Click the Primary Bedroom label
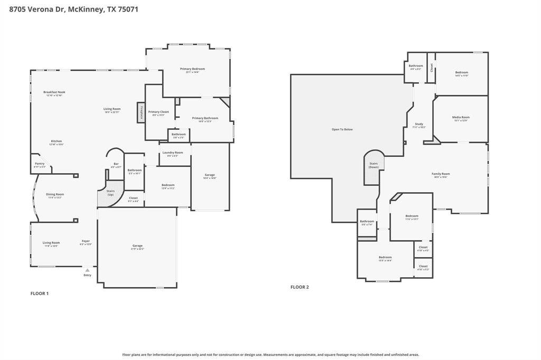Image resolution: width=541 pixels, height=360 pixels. (192, 69)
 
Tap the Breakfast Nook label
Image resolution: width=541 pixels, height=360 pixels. (54, 92)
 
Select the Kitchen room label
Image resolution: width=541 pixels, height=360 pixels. (57, 141)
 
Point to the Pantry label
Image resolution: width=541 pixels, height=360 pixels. (40, 164)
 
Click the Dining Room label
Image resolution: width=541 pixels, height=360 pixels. (55, 195)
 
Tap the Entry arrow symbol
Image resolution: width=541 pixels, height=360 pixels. (87, 270)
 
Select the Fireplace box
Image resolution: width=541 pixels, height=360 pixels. (141, 112)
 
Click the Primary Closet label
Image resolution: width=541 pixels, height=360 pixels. (158, 112)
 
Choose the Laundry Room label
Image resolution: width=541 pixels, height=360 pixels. (173, 153)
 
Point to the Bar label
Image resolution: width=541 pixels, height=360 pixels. (116, 164)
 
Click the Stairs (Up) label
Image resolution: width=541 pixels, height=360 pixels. (110, 193)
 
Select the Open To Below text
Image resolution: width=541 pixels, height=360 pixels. (342, 129)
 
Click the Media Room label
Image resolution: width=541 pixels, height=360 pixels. (461, 118)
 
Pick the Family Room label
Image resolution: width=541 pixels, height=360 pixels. (441, 174)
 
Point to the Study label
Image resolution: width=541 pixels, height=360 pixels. (419, 125)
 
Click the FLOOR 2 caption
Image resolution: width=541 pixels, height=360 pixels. (300, 287)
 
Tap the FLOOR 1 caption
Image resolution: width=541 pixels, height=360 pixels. (40, 293)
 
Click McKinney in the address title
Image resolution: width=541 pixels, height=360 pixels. (85, 9)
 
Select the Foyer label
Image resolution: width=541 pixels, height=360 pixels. (86, 241)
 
